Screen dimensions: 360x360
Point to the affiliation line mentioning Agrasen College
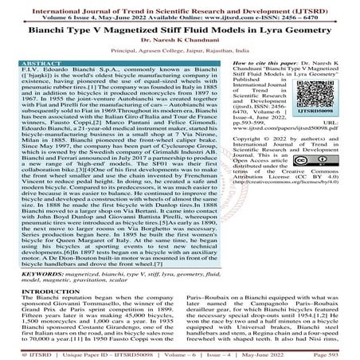(179, 52)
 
